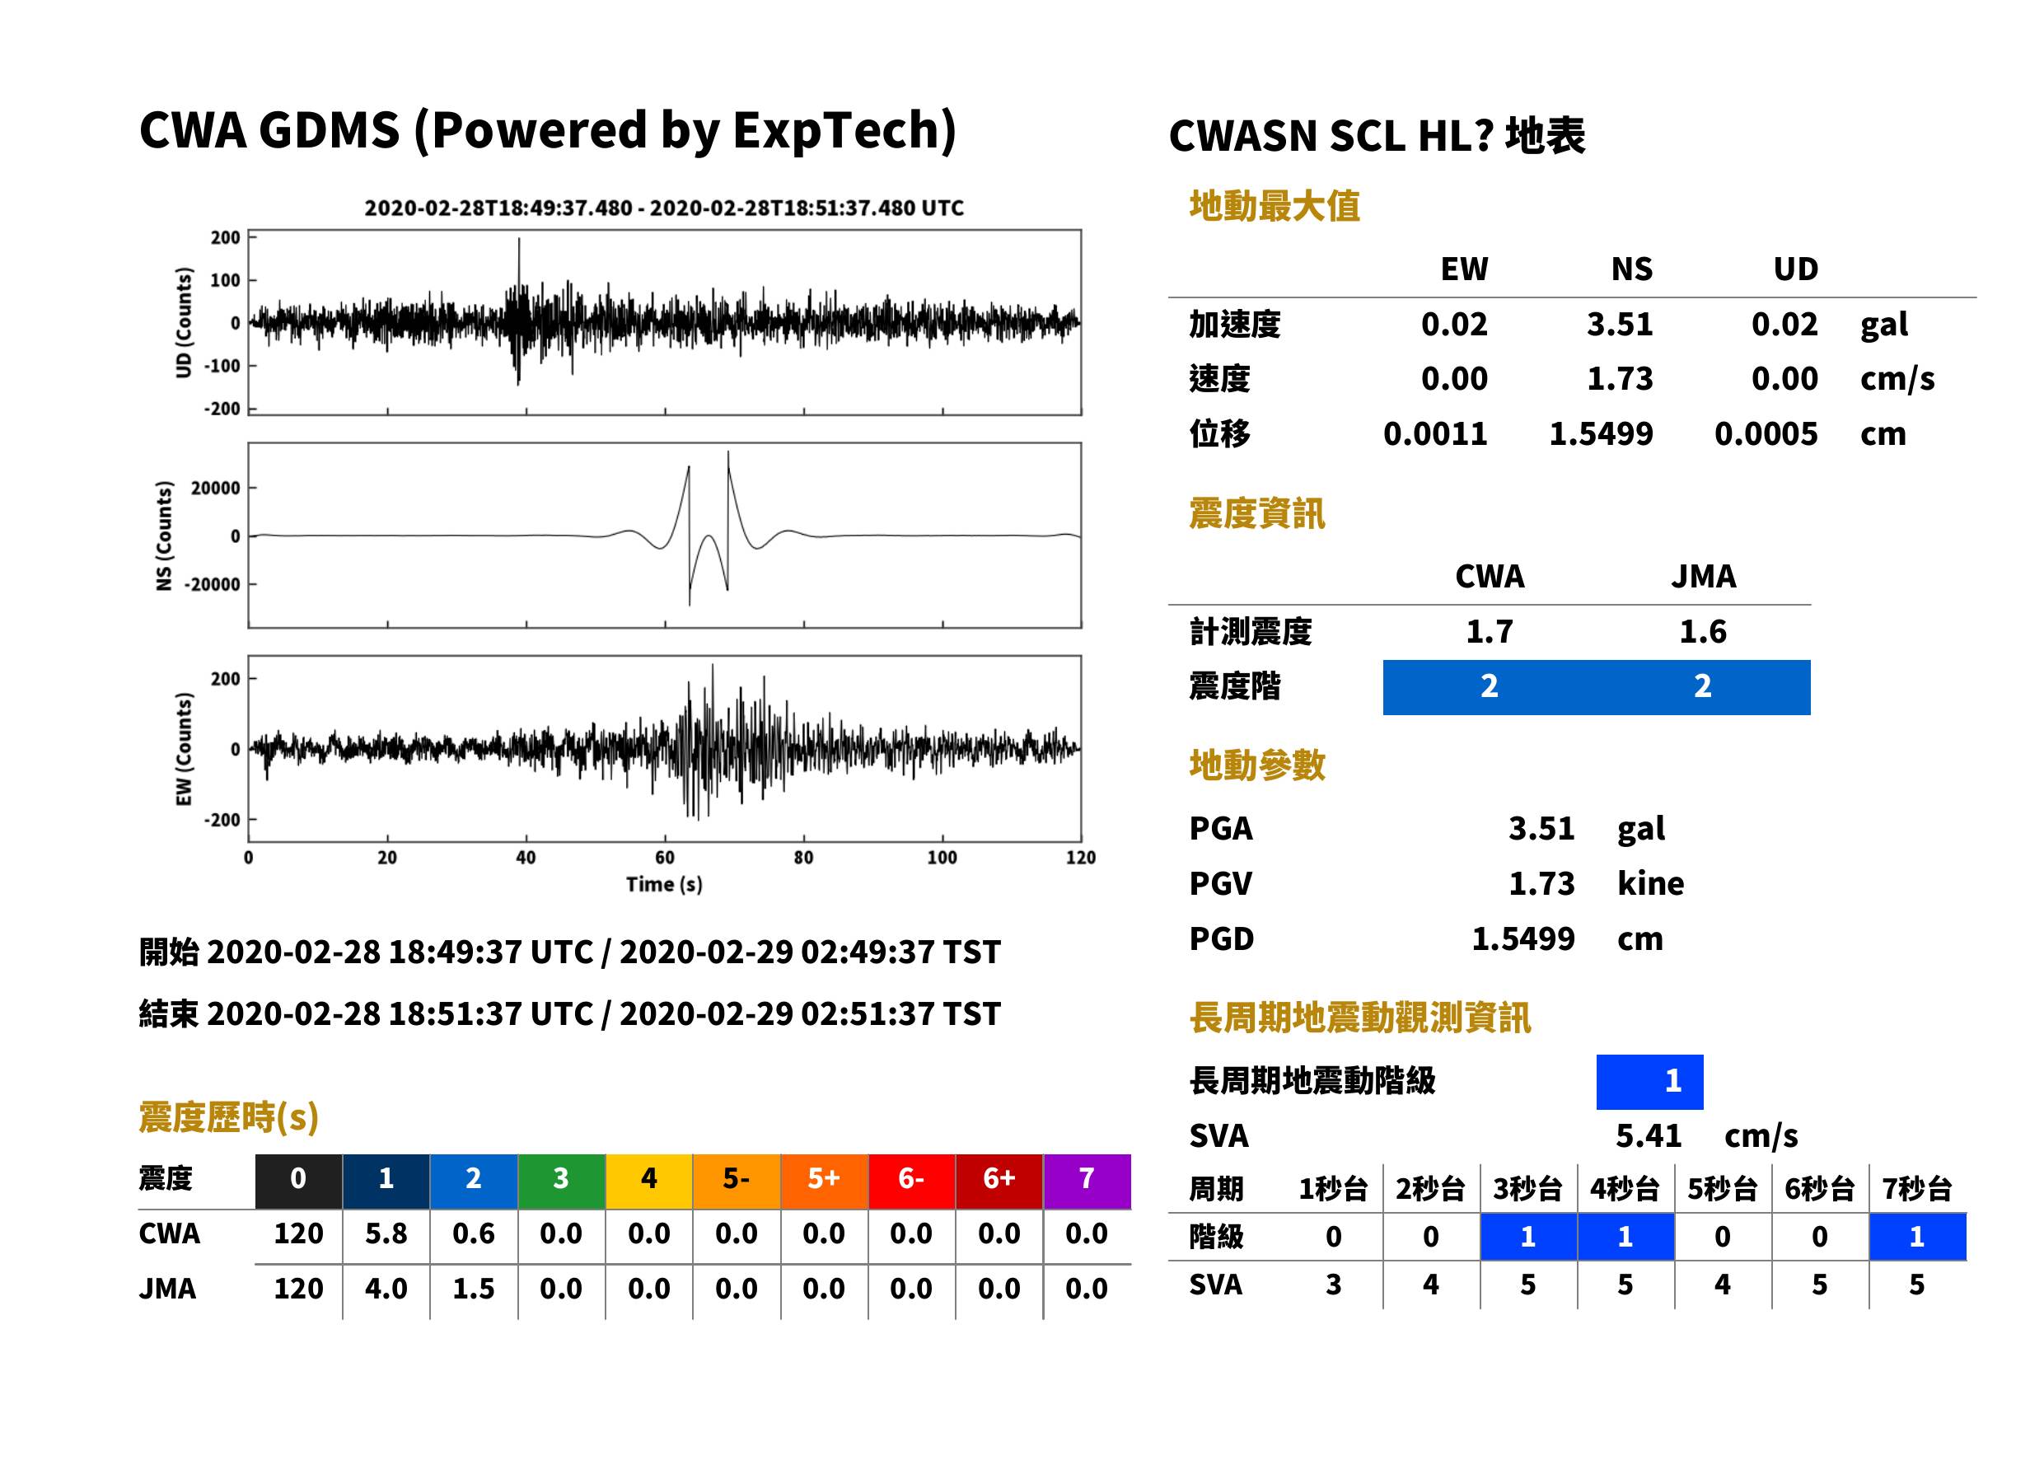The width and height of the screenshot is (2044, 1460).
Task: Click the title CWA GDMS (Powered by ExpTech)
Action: [547, 131]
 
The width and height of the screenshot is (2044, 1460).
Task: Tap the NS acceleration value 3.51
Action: [1619, 325]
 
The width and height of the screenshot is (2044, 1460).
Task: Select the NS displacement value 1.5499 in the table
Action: [1600, 434]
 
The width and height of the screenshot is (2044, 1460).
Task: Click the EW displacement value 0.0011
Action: [1434, 434]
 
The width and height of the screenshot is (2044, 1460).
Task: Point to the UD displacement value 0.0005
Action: [1766, 434]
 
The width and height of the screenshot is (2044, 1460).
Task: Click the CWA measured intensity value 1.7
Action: [1490, 632]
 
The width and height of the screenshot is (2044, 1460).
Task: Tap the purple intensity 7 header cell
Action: [1087, 1181]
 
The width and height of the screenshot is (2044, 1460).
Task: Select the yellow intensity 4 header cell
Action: [649, 1181]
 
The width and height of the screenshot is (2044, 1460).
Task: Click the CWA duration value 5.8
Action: [386, 1234]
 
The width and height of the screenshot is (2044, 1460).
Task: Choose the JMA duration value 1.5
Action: [474, 1289]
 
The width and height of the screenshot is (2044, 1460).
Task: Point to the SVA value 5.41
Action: [1649, 1136]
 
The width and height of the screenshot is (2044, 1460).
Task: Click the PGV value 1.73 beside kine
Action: [1541, 884]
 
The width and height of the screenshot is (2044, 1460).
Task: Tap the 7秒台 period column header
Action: [1916, 1190]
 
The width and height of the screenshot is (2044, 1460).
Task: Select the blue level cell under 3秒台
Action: [1528, 1237]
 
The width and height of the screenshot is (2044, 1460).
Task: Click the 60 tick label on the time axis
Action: [664, 858]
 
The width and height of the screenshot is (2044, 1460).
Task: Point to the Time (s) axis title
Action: [664, 885]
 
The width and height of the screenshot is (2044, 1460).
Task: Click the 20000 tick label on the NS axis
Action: [215, 488]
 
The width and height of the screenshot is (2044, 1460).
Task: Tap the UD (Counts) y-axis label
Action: [184, 322]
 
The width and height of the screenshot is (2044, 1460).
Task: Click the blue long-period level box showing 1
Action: [1649, 1082]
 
